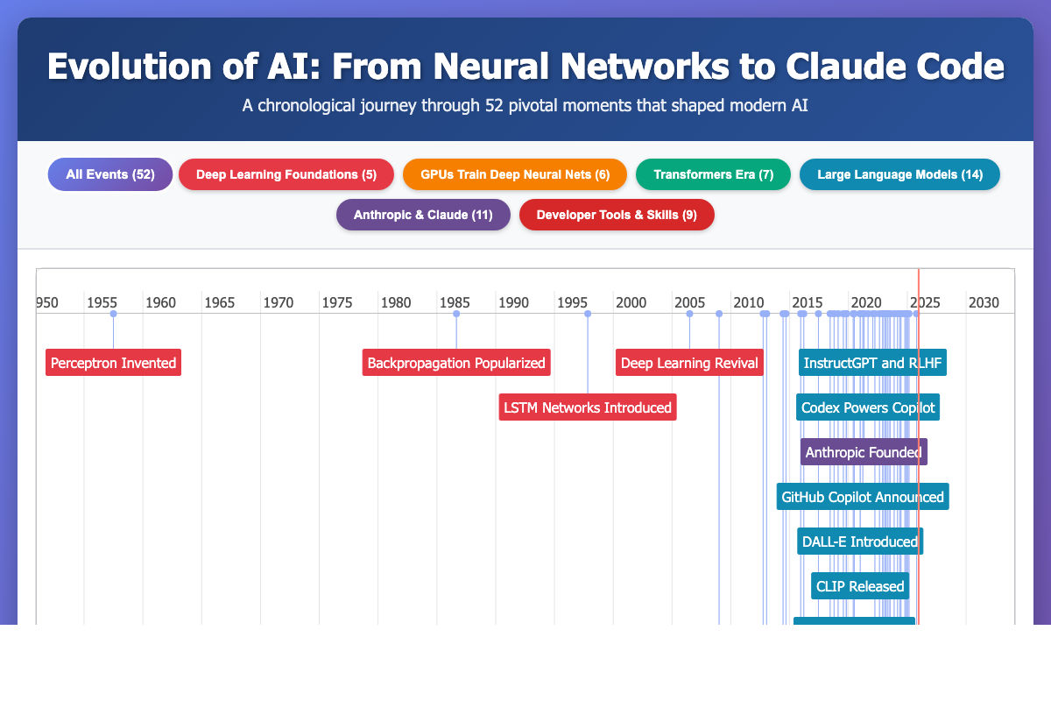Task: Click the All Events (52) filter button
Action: coord(110,174)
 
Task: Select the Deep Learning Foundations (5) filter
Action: coord(286,174)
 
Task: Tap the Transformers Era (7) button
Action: coord(713,174)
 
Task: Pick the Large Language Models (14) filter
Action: coord(900,174)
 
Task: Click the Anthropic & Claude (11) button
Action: coord(423,215)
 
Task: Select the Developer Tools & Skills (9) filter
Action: coord(617,215)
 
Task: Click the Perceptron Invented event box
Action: coord(114,362)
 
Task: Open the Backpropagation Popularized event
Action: coord(456,362)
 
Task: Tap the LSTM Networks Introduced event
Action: coord(588,407)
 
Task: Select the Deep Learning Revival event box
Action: coord(689,362)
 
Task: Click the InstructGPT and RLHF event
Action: coord(872,362)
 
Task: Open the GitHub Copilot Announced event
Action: coord(863,496)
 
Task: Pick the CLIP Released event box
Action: coord(860,585)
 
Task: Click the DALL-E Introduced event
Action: coord(860,541)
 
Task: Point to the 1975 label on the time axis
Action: coord(336,302)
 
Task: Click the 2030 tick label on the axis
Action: coord(983,302)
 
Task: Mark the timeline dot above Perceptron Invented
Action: coord(113,313)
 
